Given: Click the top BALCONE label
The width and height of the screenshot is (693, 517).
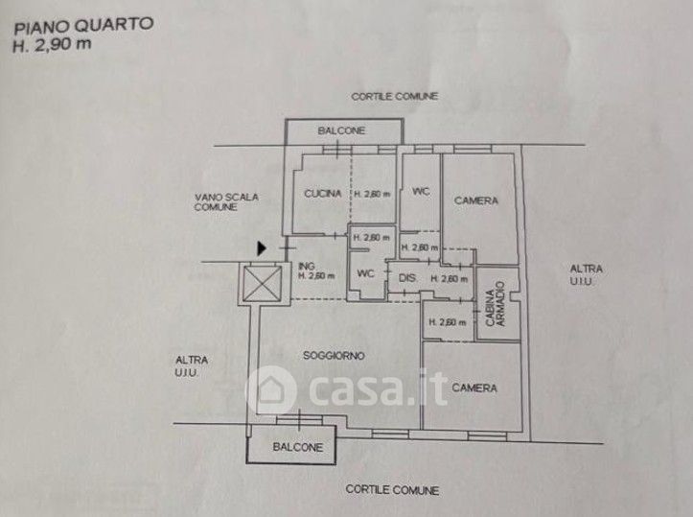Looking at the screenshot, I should click(x=341, y=131).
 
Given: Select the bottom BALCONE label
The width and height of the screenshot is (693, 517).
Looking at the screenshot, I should click(x=298, y=448).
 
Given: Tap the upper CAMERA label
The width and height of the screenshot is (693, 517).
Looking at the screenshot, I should click(x=476, y=200).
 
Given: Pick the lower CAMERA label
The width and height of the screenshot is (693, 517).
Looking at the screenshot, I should click(x=474, y=388).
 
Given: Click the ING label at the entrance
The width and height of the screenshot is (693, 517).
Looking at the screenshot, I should click(x=307, y=267).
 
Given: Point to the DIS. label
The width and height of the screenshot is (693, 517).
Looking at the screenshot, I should click(x=404, y=278).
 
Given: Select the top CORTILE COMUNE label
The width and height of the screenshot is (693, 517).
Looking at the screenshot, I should click(x=394, y=97).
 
